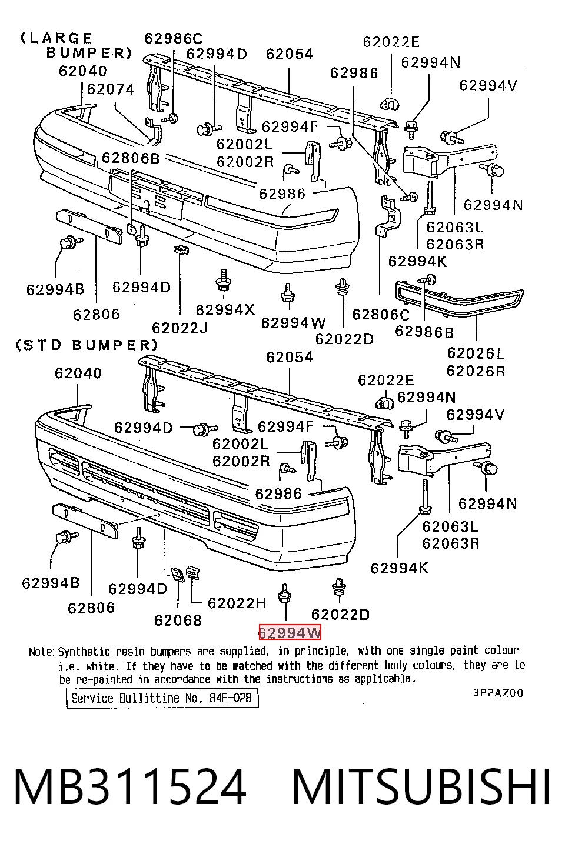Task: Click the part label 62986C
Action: tap(174, 38)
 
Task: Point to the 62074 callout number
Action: tap(111, 89)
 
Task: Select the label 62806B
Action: tap(131, 158)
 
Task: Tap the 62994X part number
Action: tap(225, 309)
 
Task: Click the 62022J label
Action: tap(180, 328)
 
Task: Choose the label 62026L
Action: tap(476, 353)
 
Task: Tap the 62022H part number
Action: tap(237, 603)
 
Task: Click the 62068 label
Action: tap(178, 621)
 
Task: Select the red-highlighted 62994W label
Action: tap(290, 633)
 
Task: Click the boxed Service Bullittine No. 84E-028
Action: tap(162, 698)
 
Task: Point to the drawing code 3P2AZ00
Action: tap(498, 693)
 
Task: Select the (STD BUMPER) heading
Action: tap(87, 345)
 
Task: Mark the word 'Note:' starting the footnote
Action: tap(42, 652)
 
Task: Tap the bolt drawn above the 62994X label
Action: tap(223, 282)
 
